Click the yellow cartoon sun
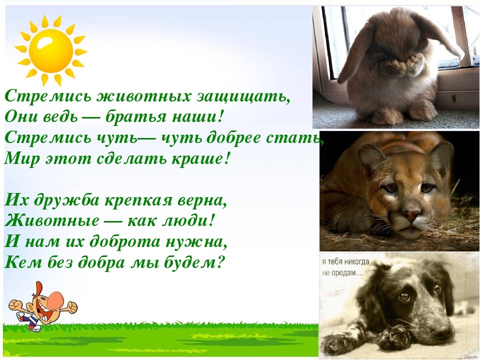[51, 51]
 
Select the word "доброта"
[125, 241]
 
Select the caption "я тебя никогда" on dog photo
[345, 262]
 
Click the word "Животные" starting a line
[51, 220]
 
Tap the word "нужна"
[196, 241]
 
